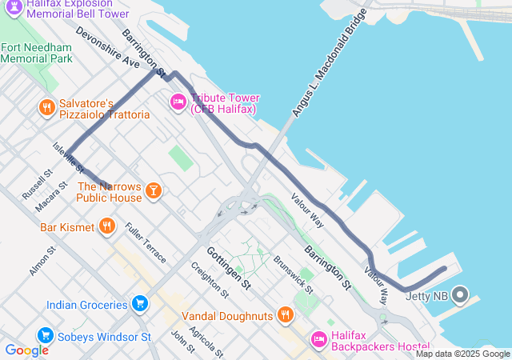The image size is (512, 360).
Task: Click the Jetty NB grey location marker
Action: coord(460,295)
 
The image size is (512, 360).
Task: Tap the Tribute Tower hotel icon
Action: coord(178,102)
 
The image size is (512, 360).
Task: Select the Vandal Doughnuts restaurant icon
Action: coord(284,315)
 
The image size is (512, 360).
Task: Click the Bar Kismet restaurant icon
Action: coord(107,227)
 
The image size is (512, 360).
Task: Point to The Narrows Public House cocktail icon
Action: coord(153,191)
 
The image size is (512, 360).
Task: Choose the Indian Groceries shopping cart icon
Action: coord(140,304)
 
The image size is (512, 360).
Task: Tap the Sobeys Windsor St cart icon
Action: coord(45,335)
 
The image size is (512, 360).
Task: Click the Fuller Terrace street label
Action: coord(146,243)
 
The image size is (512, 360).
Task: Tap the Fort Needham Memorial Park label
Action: coord(37,53)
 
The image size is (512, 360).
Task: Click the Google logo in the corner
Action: coord(26,350)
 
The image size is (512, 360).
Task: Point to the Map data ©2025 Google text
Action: coord(462,354)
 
